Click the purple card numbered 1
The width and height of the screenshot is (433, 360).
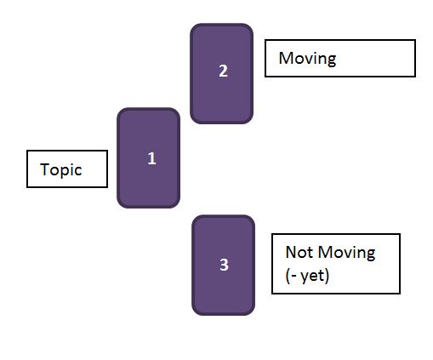[x=148, y=158]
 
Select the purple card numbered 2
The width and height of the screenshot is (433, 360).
[x=221, y=74]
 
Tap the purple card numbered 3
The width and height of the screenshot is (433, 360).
[x=223, y=266]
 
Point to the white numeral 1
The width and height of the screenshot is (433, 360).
[x=152, y=158]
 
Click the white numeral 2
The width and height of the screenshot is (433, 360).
[x=224, y=71]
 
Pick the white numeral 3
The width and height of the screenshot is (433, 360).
[x=224, y=265]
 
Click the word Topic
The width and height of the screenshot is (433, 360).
[x=61, y=170]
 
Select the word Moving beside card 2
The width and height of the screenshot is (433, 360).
[x=307, y=59]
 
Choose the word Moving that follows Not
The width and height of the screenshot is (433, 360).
[x=347, y=253]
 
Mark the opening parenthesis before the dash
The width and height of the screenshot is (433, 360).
[x=288, y=276]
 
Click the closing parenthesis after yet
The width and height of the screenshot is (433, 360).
[x=327, y=276]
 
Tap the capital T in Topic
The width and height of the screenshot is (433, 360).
[x=45, y=169]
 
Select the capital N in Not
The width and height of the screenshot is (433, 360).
[x=291, y=252]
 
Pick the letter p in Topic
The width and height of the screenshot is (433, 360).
[x=65, y=172]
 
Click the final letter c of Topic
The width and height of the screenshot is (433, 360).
[x=78, y=170]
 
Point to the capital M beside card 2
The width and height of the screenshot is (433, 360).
[x=286, y=58]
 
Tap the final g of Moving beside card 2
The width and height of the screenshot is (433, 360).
[x=332, y=60]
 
